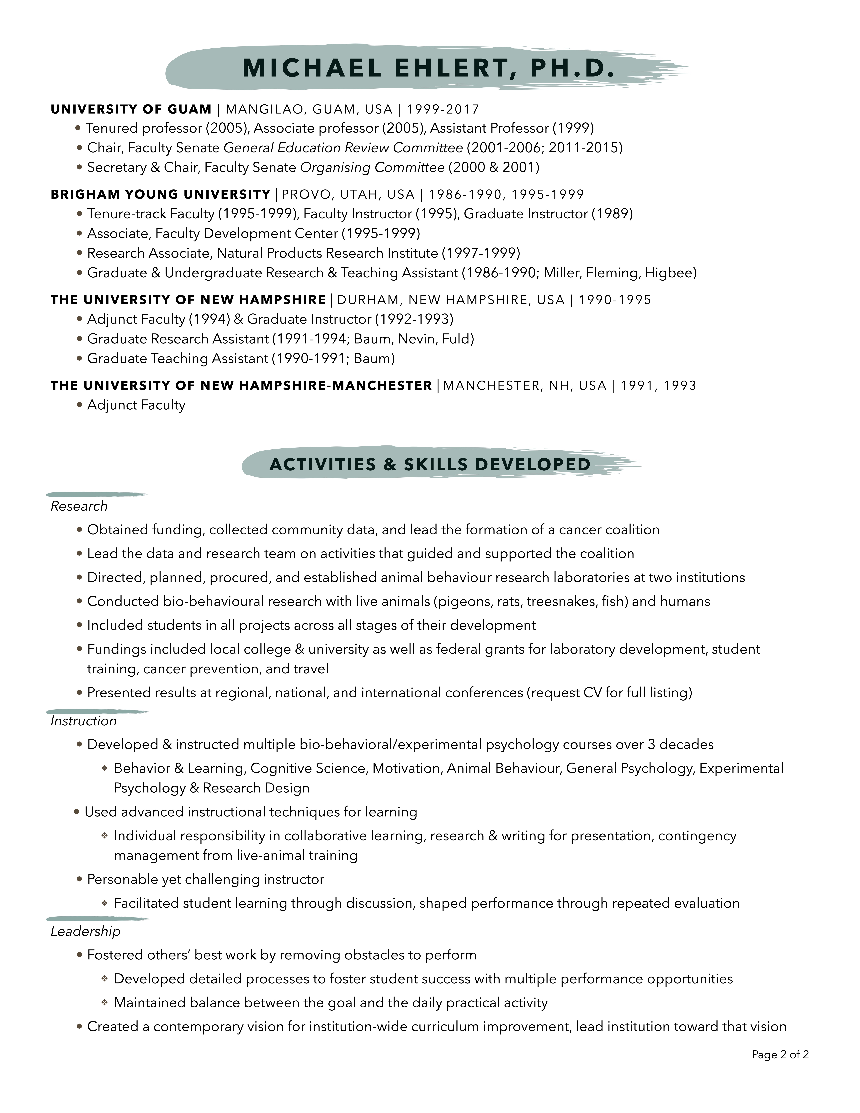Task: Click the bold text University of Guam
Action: (131, 109)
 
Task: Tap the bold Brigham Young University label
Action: (161, 194)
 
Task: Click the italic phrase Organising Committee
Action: (372, 167)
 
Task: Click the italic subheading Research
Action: (79, 506)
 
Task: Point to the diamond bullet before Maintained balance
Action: (104, 1003)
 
